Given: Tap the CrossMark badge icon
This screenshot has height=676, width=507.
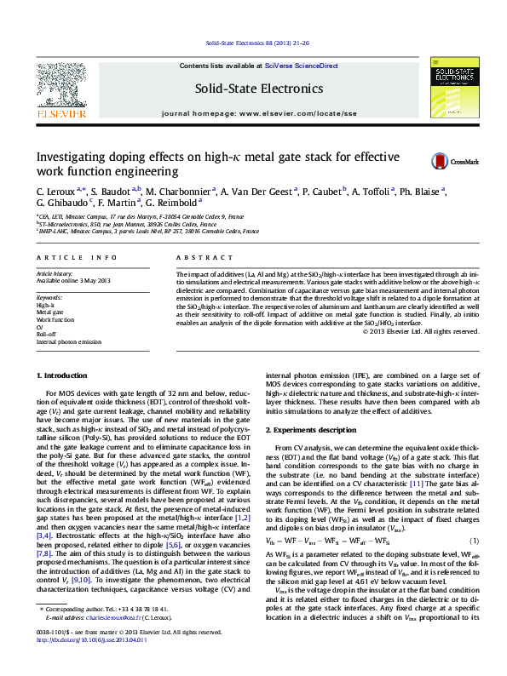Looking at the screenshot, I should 441,161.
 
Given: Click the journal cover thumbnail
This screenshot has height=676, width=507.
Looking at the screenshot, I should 453,85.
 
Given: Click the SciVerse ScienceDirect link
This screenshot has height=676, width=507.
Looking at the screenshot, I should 302,66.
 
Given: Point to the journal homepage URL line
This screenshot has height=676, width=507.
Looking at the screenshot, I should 259,113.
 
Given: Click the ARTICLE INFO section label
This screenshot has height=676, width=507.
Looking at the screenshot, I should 76,256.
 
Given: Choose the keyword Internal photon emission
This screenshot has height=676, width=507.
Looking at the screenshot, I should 68,341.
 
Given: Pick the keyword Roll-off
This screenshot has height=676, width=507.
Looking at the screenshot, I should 46,334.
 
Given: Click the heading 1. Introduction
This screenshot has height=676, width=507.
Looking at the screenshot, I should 65,375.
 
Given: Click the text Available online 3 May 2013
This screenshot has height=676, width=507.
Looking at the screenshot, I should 74,280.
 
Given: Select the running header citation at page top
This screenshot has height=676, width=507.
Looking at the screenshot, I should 253,43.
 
